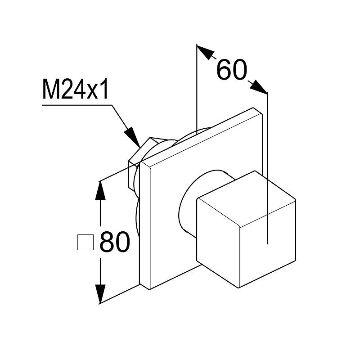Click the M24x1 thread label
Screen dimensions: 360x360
(x=75, y=90)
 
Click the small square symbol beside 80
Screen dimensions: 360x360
(x=85, y=242)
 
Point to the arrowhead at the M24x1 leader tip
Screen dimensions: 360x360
(x=132, y=137)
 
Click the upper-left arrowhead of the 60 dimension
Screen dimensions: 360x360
(x=205, y=52)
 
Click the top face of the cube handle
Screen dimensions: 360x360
(x=247, y=198)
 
